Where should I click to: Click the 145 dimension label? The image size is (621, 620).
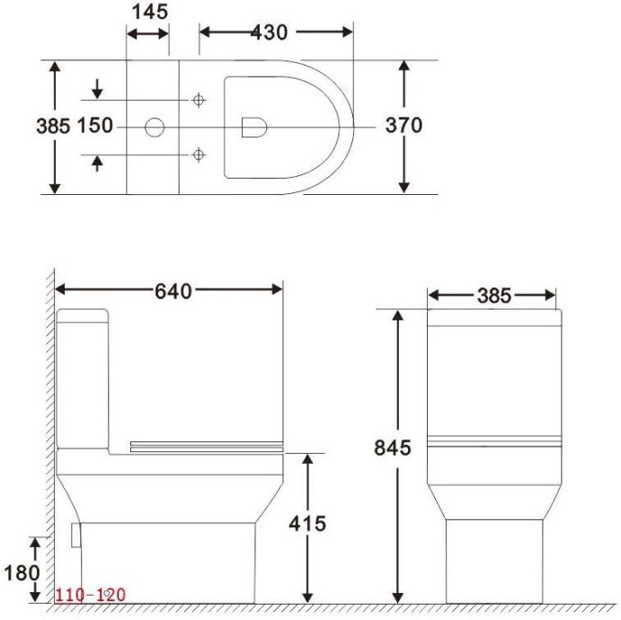click(148, 12)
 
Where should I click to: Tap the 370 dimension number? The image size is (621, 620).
click(404, 126)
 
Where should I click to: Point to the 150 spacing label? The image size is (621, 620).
click(95, 126)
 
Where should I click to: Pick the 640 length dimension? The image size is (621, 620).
click(173, 290)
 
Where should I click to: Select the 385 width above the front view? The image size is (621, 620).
click(493, 296)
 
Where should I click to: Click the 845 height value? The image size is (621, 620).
click(393, 447)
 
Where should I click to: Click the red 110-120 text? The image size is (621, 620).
click(91, 595)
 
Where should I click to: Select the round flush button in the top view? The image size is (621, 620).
click(155, 128)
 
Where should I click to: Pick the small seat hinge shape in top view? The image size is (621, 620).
click(254, 127)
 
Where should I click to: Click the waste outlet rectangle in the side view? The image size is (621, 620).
click(75, 535)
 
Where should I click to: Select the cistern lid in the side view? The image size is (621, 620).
click(83, 316)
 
